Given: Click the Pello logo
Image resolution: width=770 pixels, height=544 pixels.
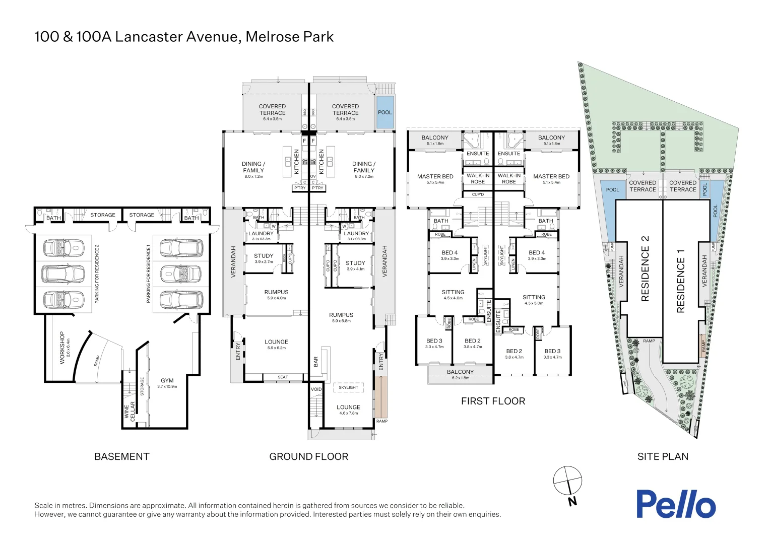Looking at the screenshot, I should click(675, 504).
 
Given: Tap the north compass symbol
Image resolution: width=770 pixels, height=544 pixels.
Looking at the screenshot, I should click(567, 481).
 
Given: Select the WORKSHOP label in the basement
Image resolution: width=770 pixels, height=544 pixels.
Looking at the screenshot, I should click(62, 348).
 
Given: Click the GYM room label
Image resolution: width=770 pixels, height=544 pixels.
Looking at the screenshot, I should click(167, 381).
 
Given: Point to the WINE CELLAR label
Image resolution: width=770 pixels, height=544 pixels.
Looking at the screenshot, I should click(130, 411).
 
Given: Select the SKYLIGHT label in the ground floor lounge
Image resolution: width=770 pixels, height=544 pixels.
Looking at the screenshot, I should click(348, 387).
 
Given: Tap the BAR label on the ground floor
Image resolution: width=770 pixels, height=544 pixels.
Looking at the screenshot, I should click(316, 362).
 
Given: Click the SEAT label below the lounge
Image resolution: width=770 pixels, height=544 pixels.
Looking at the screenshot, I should click(283, 377).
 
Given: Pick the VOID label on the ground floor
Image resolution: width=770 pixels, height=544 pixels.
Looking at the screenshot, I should click(316, 389).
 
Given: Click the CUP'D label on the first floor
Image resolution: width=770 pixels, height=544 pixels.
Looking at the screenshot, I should click(478, 194).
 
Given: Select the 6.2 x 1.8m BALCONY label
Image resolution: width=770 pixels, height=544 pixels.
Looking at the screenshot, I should click(460, 374).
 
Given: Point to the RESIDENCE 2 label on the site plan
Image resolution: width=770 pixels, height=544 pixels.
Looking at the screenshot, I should click(645, 268).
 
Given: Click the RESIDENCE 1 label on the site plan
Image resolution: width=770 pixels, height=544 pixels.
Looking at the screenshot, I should click(681, 281).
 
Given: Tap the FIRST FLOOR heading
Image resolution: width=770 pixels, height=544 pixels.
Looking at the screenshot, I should click(493, 401).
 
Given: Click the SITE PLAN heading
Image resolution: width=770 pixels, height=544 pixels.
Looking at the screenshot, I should click(663, 456).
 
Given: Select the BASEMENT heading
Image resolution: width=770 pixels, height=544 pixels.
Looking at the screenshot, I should click(122, 456).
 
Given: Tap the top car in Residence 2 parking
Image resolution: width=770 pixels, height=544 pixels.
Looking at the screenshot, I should click(63, 247).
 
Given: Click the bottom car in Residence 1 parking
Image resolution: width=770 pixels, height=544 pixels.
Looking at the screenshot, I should click(181, 300).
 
